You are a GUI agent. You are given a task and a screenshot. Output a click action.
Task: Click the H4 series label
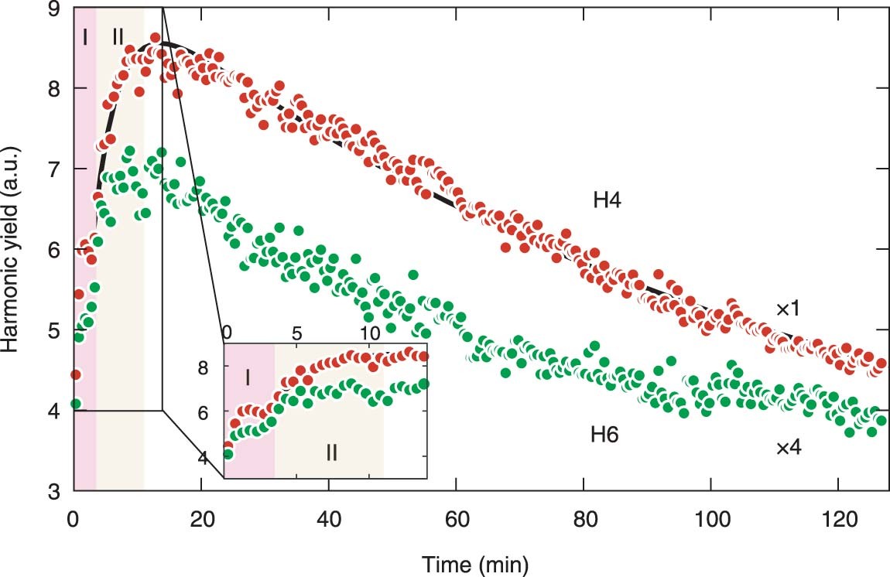[608, 201]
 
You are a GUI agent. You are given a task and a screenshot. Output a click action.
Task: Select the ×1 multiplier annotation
[792, 309]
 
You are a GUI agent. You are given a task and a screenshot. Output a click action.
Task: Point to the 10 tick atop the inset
[370, 333]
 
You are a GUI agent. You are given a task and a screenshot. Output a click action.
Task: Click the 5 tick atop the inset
[297, 333]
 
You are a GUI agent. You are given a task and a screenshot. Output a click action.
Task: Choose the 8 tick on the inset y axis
[211, 368]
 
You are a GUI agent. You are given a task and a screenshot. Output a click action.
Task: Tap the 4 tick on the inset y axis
[211, 459]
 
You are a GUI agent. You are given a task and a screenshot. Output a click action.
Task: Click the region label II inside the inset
[331, 452]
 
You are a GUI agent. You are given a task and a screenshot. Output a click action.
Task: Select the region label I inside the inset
[248, 377]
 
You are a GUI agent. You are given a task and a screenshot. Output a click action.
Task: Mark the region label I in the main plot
[84, 36]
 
